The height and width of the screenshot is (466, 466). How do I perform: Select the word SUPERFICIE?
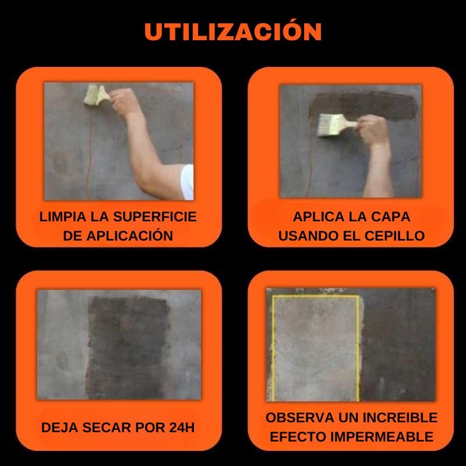click(155, 217)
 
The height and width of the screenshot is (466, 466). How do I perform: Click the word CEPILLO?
click(394, 236)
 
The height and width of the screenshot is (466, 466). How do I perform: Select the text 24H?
click(182, 428)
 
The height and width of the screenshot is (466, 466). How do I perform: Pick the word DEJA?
click(60, 428)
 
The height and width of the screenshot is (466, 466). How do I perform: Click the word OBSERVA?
click(300, 418)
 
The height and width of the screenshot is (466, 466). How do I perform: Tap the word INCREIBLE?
click(400, 418)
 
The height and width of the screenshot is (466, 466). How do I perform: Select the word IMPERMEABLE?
click(382, 436)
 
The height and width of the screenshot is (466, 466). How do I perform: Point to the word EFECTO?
click(298, 436)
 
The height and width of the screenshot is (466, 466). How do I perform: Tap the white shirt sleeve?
click(187, 182)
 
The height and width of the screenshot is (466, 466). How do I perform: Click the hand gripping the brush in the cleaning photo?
click(123, 101)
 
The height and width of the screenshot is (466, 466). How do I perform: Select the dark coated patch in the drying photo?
click(128, 347)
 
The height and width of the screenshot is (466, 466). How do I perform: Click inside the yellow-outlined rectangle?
click(316, 348)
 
